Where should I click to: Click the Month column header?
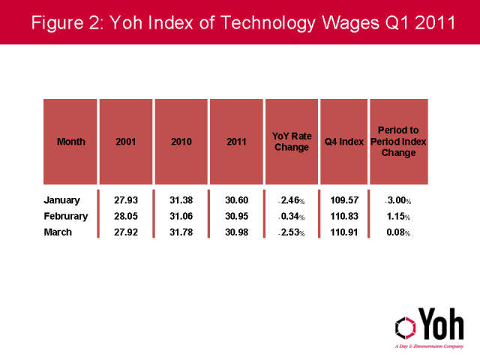(x=71, y=142)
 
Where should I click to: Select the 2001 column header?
(x=126, y=142)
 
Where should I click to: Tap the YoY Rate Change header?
(x=290, y=142)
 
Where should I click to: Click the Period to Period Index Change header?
(x=398, y=142)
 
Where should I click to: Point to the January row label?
(x=62, y=200)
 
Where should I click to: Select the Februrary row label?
(x=67, y=216)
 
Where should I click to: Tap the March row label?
(x=58, y=232)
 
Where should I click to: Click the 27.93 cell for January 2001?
(x=126, y=200)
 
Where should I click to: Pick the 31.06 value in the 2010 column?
(x=181, y=216)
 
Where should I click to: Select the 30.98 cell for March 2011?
(x=236, y=232)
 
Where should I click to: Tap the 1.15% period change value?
(x=398, y=216)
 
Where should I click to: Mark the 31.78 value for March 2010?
(x=181, y=232)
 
